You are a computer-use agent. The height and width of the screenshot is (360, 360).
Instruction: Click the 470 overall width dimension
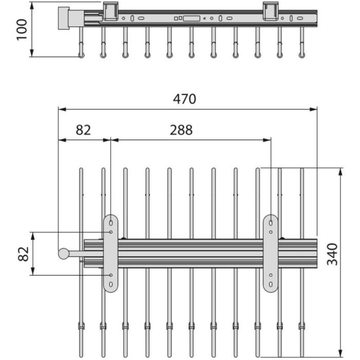(x=185, y=99)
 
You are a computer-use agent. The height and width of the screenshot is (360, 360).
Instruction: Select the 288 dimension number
(x=181, y=130)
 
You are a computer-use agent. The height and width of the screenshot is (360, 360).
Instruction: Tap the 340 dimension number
(x=333, y=254)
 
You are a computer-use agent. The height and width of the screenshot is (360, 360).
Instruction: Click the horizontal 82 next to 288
(x=83, y=130)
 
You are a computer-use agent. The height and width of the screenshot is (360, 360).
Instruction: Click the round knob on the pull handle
(x=63, y=253)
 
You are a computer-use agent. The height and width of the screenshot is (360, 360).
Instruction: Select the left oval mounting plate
(x=111, y=253)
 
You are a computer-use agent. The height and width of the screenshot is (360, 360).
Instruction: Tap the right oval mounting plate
(x=271, y=253)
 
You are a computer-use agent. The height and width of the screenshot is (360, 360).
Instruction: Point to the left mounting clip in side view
(x=111, y=11)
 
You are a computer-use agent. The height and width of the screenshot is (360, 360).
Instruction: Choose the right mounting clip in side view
(x=271, y=11)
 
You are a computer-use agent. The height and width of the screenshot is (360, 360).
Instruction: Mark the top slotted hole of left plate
(x=111, y=223)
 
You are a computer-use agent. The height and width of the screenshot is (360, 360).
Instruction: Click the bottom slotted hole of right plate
(x=271, y=283)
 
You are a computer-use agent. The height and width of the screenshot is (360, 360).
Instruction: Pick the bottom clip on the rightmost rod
(x=302, y=326)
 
